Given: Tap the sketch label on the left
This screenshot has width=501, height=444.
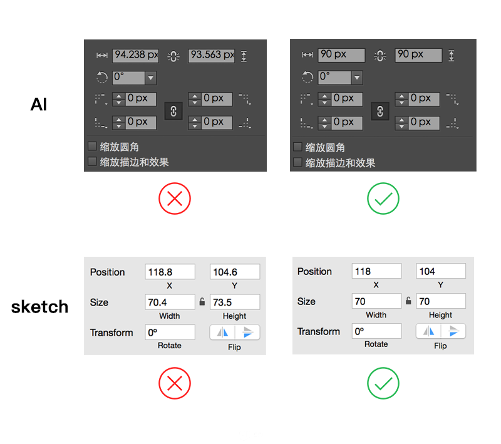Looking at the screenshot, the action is tap(39, 307).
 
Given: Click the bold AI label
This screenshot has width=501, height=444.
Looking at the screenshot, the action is tap(39, 104).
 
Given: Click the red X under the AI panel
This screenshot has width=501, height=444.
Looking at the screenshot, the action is tap(175, 199).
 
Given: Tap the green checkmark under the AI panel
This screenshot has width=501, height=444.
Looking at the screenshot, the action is tap(383, 199).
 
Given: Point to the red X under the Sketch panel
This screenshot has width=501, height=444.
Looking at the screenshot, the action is tap(175, 383).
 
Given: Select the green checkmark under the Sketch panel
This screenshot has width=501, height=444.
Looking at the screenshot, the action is tap(383, 383).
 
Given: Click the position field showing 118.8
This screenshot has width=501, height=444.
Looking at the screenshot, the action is tap(170, 272).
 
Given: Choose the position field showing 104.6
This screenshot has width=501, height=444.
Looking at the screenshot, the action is tap(235, 272).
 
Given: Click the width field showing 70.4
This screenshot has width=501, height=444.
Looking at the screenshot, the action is tap(170, 302).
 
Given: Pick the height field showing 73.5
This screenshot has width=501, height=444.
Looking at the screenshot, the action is tap(235, 302).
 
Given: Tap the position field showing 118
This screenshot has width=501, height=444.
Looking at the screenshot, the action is tap(377, 271).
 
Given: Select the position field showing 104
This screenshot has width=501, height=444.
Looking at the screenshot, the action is tap(441, 271).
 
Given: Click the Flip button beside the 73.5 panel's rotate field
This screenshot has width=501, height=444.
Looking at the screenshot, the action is tap(235, 332).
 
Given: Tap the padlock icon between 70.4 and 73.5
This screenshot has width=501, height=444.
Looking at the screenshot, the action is tap(202, 302).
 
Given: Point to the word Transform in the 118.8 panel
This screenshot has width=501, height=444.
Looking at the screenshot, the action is tap(111, 333).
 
